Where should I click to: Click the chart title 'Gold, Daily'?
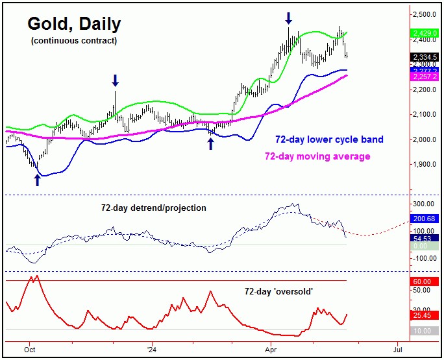click(x=73, y=25)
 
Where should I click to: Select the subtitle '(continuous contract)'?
click(x=74, y=41)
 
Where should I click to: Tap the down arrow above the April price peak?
click(x=288, y=18)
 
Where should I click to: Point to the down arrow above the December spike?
click(x=115, y=80)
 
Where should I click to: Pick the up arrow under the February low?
click(x=210, y=143)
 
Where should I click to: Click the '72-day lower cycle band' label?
click(x=329, y=139)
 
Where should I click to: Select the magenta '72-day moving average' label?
click(x=317, y=156)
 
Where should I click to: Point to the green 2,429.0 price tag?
click(x=425, y=32)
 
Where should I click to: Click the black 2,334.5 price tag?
click(x=425, y=57)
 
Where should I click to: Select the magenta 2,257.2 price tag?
click(x=425, y=77)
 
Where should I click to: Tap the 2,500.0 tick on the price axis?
click(x=425, y=14)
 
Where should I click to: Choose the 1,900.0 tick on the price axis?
click(x=425, y=164)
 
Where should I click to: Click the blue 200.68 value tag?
click(x=425, y=219)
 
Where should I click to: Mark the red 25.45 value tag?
click(x=425, y=316)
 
